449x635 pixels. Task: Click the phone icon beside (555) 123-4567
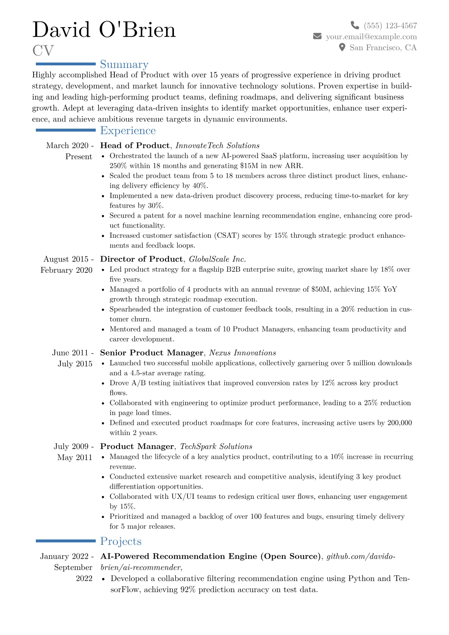tap(355, 25)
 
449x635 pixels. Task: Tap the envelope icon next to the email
tap(317, 36)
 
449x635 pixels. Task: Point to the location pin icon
tap(342, 47)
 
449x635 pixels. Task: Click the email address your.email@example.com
tap(371, 37)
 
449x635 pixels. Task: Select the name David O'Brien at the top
tap(104, 30)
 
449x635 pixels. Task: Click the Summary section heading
tap(124, 64)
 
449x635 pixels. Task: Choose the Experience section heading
tap(128, 131)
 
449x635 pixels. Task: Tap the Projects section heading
tap(121, 541)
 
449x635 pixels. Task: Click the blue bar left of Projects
tap(66, 541)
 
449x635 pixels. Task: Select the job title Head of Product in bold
tap(135, 146)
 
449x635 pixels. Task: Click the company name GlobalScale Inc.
tap(217, 259)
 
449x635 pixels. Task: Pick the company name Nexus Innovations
tap(243, 353)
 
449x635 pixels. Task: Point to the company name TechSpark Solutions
tap(216, 446)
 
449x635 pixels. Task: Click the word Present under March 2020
tap(78, 157)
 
